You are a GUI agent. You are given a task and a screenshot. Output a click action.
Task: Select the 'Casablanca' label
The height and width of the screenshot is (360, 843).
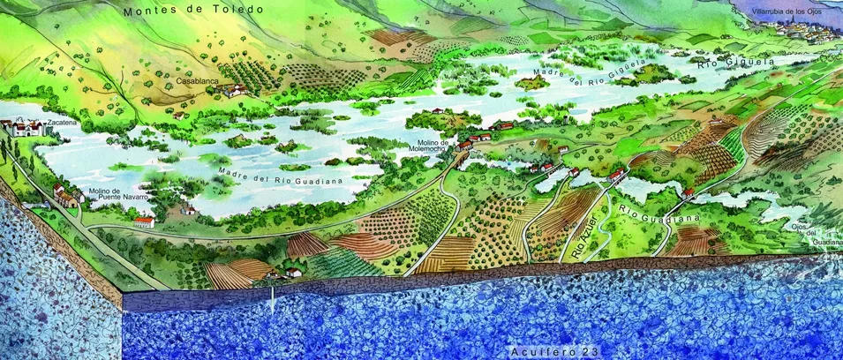point(196,81)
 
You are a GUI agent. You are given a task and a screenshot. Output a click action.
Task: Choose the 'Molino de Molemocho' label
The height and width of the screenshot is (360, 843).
point(436,146)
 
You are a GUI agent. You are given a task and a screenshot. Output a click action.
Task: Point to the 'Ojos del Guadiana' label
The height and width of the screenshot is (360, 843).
point(825,234)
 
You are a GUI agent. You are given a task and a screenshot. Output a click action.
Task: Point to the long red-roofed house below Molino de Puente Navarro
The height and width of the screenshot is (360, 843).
point(143,221)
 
